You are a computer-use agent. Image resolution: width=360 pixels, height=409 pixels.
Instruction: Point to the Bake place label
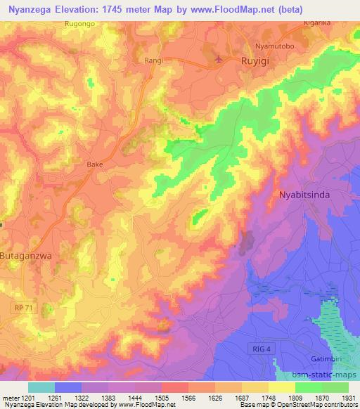(x=94, y=164)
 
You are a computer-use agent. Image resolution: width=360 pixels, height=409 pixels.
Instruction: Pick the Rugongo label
(x=79, y=23)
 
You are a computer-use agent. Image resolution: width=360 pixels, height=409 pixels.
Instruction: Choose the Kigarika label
(x=316, y=23)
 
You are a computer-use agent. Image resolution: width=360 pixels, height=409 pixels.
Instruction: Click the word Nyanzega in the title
(x=32, y=9)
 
